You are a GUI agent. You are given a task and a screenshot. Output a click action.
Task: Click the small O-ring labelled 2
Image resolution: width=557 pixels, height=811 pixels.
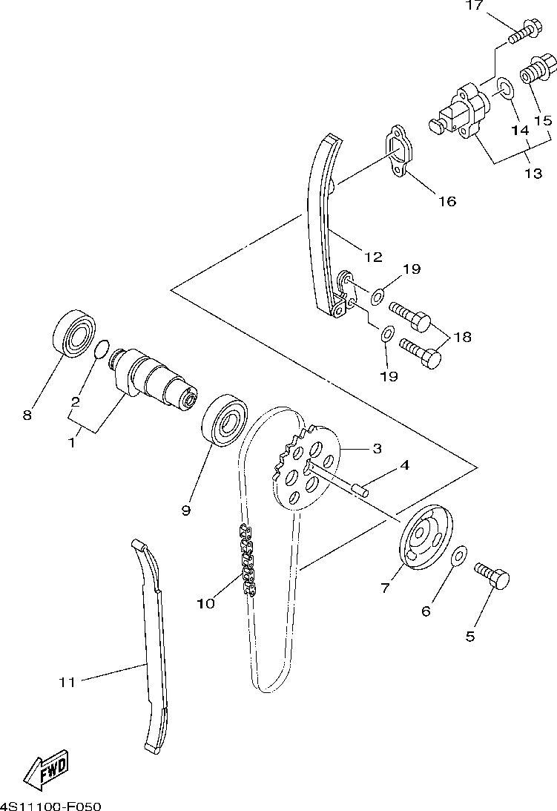pos(104,347)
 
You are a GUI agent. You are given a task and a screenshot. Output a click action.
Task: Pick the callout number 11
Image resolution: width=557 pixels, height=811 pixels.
pos(67,682)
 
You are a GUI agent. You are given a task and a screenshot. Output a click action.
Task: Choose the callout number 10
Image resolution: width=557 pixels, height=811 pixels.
pos(205,603)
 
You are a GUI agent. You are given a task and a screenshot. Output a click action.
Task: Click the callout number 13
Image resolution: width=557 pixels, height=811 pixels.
pos(533,174)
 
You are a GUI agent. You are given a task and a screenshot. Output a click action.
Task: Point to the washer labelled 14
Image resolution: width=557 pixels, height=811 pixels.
pos(505,91)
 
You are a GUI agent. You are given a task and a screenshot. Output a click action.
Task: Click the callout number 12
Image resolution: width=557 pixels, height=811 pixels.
pos(373,257)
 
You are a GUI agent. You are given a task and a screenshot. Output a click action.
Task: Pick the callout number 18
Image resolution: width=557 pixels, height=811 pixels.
pos(462,337)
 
